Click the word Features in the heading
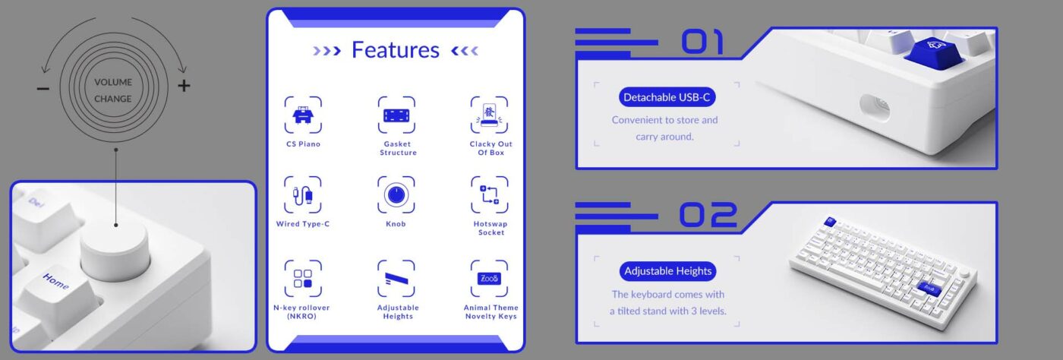[396, 50]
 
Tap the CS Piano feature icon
[303, 115]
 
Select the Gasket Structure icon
[396, 115]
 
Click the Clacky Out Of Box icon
[489, 115]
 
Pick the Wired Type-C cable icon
[303, 194]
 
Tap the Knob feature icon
[396, 194]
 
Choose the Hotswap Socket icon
[489, 194]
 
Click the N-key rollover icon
[303, 278]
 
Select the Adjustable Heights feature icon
[396, 278]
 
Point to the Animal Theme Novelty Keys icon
[489, 278]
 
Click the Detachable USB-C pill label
[667, 97]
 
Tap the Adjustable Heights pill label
[667, 271]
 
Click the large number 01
[703, 42]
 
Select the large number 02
[708, 215]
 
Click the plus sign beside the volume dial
[184, 86]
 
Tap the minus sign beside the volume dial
[43, 88]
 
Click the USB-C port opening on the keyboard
[875, 108]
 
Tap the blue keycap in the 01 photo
[934, 52]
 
